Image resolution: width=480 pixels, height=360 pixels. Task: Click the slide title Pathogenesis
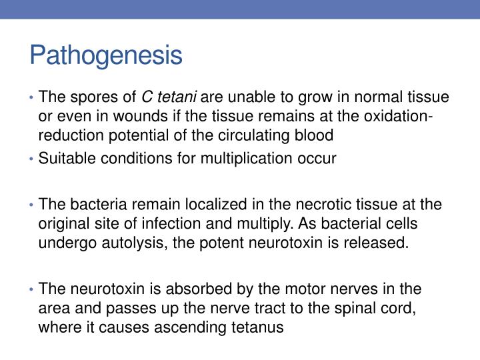coord(105,55)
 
